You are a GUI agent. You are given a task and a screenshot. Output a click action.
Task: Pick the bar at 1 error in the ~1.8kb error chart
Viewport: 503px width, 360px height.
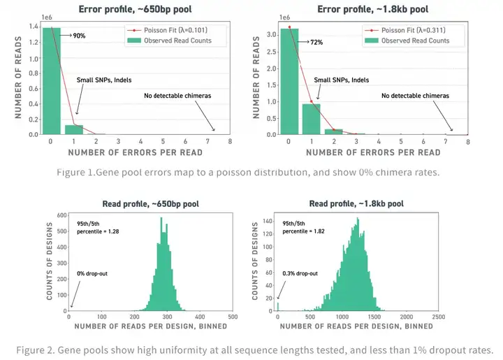(312, 119)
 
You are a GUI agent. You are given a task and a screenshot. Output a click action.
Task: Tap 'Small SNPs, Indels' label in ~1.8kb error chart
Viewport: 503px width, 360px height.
(342, 80)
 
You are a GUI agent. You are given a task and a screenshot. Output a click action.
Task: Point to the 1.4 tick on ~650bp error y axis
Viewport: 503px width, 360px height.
(34, 27)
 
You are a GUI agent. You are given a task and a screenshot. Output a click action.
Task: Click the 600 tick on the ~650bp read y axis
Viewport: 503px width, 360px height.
(61, 216)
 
